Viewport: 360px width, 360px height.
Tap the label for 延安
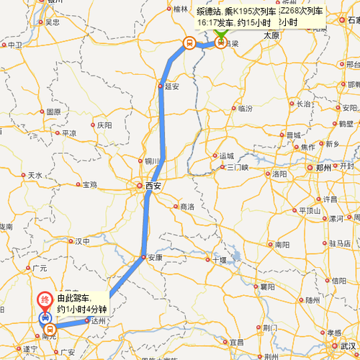click(171, 86)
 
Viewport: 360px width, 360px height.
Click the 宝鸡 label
click(89, 185)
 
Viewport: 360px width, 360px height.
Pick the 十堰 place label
click(219, 259)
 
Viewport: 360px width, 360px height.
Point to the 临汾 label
click(245, 109)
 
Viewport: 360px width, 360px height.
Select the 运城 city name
click(227, 156)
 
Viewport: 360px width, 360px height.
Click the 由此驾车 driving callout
click(81, 302)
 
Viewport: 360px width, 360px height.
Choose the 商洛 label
click(187, 207)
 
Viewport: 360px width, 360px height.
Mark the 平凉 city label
click(69, 132)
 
